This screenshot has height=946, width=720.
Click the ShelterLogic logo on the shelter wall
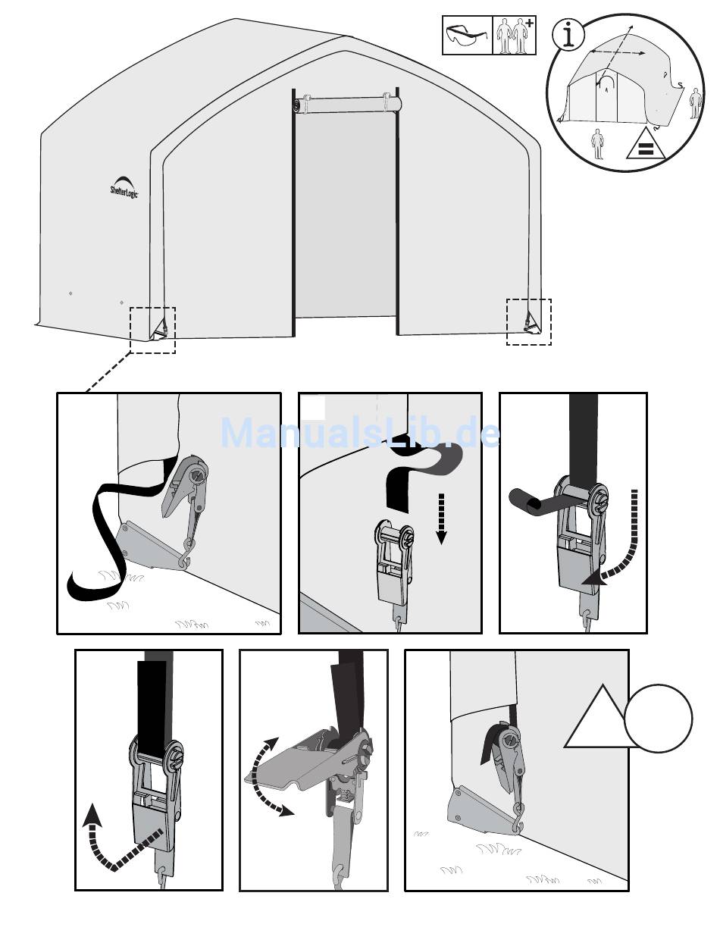point(124,187)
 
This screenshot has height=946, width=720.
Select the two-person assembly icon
point(515,36)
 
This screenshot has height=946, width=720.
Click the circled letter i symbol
point(568,35)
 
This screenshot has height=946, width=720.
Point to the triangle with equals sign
point(646,144)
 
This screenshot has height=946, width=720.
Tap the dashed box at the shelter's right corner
point(529,322)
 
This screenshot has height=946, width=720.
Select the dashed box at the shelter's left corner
point(152,330)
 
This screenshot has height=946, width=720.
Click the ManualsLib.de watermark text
point(360,432)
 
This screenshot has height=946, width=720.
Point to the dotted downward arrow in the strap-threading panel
point(441,519)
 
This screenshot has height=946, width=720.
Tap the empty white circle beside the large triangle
point(658,719)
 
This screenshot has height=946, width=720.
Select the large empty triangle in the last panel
point(602,720)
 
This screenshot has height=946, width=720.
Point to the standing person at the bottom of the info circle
point(596,144)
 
